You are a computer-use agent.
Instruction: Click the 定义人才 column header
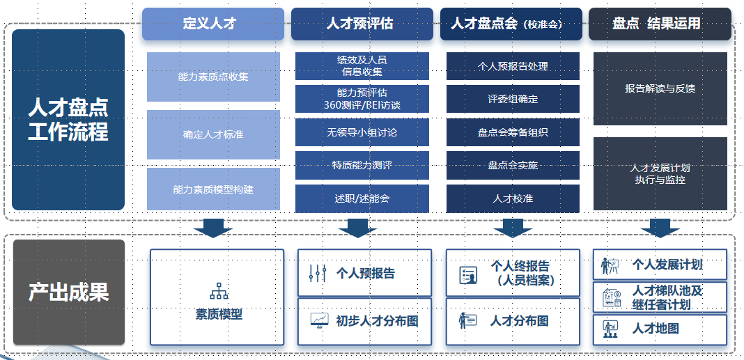tap(213, 24)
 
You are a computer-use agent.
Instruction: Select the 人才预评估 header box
tap(362, 24)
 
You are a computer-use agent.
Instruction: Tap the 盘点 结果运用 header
tap(659, 24)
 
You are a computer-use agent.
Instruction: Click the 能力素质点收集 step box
tap(213, 77)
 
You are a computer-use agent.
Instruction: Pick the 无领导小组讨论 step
tap(362, 132)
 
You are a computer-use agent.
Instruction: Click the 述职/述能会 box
tap(362, 198)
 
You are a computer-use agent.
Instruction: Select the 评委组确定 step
tap(513, 99)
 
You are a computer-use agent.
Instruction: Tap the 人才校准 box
tap(513, 198)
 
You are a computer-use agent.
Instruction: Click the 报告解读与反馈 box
tap(660, 88)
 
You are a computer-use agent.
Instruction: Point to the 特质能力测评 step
tap(362, 165)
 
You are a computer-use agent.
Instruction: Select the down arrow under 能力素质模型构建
tap(213, 228)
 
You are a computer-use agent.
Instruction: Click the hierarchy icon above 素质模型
tap(219, 291)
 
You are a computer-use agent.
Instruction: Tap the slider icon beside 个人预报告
tap(317, 274)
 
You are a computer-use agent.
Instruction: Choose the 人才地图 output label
tap(656, 329)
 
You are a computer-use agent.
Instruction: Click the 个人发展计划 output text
tap(667, 265)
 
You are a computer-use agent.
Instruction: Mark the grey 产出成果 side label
tap(68, 292)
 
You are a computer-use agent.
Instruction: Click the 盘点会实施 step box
tap(513, 165)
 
